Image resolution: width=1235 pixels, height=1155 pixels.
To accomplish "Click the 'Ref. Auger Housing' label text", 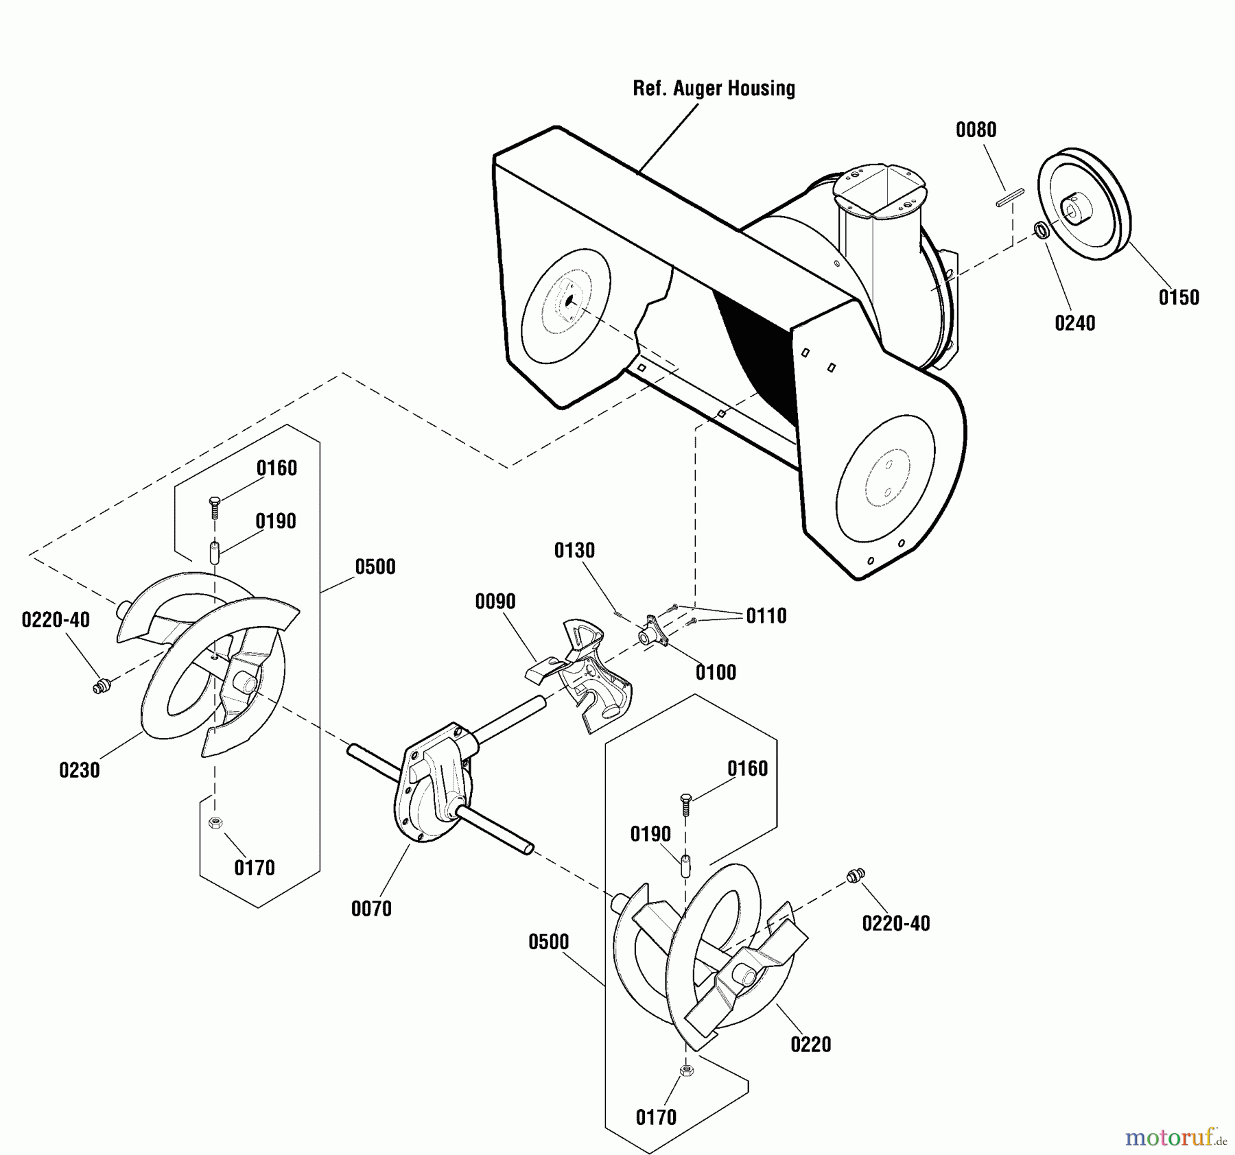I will point(714,88).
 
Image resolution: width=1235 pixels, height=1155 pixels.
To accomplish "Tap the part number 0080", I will point(976,130).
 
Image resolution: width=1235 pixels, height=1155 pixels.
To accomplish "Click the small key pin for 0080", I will point(1010,197).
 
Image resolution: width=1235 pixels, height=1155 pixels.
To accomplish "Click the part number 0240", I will point(1074,323).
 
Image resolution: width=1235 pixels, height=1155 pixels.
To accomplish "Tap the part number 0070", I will point(371,909).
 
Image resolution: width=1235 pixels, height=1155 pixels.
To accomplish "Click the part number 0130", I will point(574,550).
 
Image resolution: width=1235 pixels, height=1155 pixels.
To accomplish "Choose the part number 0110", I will point(766,616).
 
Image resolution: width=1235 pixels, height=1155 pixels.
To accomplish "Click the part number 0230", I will point(80,770).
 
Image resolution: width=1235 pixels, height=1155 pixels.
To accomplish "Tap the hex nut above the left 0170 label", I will point(214,822).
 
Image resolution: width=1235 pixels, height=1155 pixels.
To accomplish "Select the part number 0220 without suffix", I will point(810,1045).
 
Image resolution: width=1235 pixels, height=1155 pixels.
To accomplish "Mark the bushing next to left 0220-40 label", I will point(102,685).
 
